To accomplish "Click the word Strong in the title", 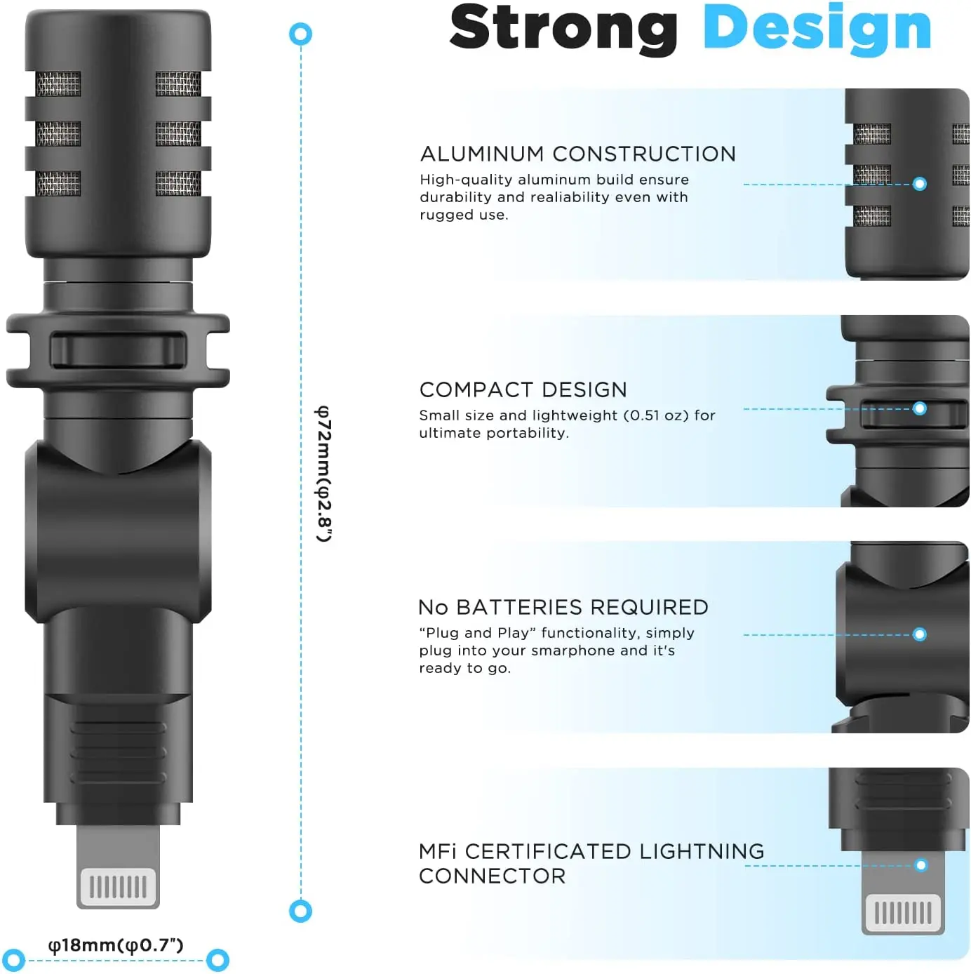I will (x=563, y=28).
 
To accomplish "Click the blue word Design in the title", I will (x=817, y=28).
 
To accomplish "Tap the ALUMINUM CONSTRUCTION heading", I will (x=577, y=154).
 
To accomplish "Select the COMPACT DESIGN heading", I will (x=523, y=389).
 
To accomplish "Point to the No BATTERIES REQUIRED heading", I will (x=563, y=607).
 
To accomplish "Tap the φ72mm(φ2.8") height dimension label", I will (x=323, y=474).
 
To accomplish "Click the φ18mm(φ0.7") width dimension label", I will (x=116, y=945).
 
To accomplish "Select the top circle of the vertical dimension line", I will (x=301, y=34).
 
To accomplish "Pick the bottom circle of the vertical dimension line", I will (x=301, y=911).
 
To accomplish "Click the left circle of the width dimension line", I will (x=14, y=960).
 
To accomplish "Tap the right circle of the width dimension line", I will (x=218, y=960).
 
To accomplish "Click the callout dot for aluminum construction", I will (x=920, y=184).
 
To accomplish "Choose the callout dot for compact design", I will (x=920, y=408).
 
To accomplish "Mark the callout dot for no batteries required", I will (x=920, y=634).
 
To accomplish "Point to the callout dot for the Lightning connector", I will (x=921, y=865).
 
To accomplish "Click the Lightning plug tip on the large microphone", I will (x=118, y=886).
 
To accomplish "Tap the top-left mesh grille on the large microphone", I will (x=58, y=84).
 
